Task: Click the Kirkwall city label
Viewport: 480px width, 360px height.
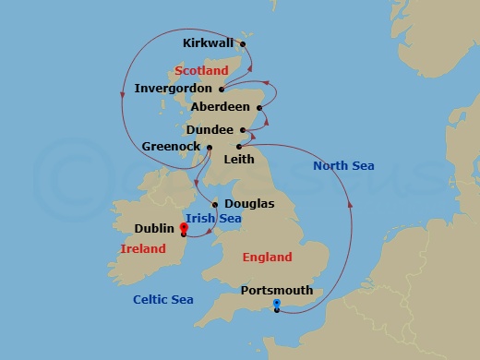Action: (x=209, y=42)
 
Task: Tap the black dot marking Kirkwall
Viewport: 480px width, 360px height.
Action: (x=244, y=42)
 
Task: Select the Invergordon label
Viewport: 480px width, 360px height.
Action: (x=174, y=89)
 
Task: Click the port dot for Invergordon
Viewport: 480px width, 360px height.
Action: (x=222, y=90)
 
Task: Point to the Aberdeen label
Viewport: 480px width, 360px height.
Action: (x=219, y=108)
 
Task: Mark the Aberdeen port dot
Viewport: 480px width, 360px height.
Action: (x=258, y=109)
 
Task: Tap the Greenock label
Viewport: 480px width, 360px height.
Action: (x=172, y=146)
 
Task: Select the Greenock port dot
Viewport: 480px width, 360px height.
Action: (x=210, y=147)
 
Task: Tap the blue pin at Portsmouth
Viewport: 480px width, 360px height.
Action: (x=276, y=304)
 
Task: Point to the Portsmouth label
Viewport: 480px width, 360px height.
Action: (x=276, y=290)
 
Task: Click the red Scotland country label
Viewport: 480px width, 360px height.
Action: (x=200, y=70)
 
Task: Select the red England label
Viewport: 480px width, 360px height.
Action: (x=267, y=258)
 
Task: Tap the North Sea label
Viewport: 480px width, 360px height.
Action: (x=343, y=165)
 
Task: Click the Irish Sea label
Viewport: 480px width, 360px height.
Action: (x=213, y=218)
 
